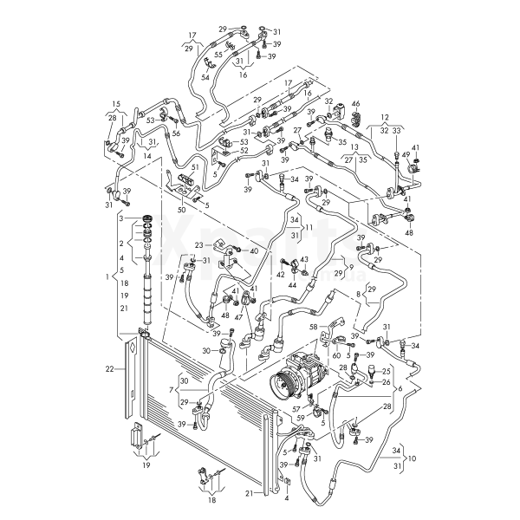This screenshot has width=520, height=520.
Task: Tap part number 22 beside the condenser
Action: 110,369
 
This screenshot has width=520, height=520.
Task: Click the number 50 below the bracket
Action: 181,210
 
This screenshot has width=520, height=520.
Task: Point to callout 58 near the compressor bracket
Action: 314,326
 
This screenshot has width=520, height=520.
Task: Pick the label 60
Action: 335,354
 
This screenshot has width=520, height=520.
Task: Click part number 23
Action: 198,245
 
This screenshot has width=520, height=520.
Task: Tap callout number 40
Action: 254,250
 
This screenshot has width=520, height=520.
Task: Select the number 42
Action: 280,275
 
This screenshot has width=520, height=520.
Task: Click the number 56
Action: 176,133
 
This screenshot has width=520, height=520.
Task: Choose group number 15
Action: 116,104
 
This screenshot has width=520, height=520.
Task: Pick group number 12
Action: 385,116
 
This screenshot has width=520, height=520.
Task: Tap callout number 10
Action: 412,457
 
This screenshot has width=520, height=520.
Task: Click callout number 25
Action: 387,372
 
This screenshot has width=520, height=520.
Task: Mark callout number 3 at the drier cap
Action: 123,218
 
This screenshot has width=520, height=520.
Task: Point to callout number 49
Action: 406,155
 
